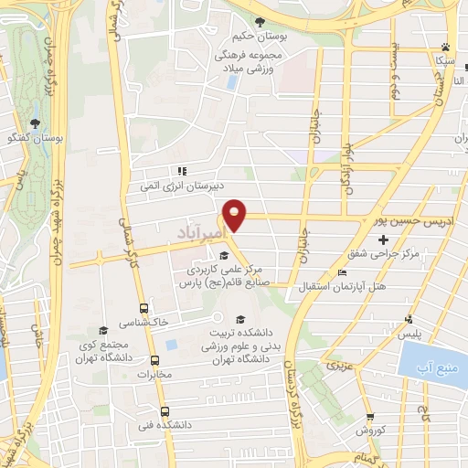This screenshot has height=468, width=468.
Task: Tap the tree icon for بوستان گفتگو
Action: [x=36, y=122]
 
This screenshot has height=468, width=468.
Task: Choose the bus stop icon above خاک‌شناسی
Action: [x=143, y=308]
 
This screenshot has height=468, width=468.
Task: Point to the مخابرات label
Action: [x=142, y=375]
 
